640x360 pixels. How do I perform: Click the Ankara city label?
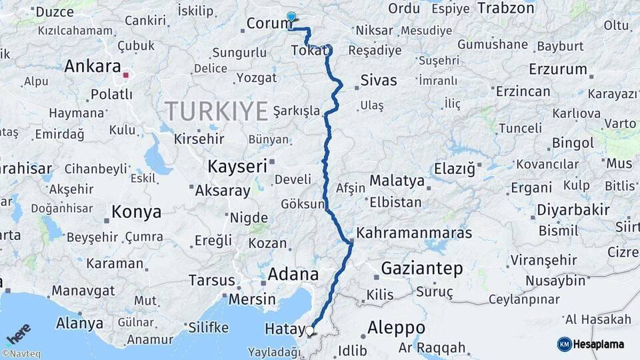point(92,67)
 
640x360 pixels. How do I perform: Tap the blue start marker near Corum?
point(291,17)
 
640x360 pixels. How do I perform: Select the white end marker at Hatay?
point(309,330)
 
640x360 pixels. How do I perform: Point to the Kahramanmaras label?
point(414,233)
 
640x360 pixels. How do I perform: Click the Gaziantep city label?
point(421,269)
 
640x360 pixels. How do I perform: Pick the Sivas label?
point(379,81)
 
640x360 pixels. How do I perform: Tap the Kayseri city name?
point(237,165)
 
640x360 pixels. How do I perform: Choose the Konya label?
point(136,212)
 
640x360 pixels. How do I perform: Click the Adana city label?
point(293,274)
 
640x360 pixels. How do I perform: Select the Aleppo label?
point(396,328)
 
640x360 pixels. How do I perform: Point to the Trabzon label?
point(506,9)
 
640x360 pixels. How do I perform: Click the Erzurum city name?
point(558,69)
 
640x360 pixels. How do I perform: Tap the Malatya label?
point(397,181)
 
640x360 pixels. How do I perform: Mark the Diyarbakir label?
point(573,210)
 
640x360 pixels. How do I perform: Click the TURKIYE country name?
point(216,111)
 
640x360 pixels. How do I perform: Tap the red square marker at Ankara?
point(125,75)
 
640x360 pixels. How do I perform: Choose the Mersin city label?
point(252,299)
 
